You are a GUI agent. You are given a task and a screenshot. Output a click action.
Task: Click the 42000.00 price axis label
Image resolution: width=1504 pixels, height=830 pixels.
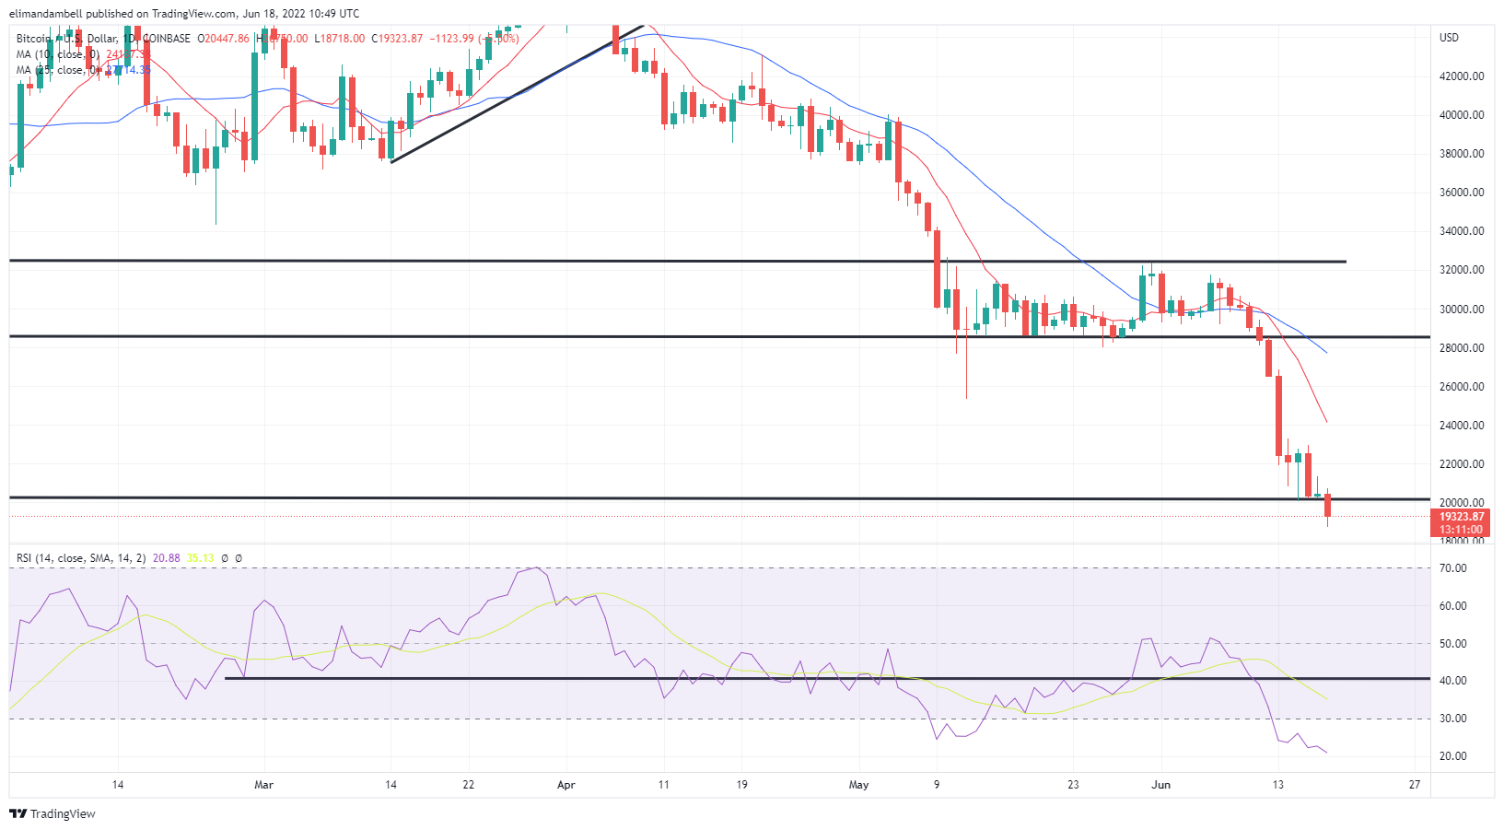tap(1462, 76)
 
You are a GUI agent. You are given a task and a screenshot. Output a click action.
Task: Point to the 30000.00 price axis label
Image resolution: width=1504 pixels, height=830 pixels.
tap(1462, 310)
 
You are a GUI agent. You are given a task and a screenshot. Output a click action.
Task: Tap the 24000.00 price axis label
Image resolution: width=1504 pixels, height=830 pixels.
tap(1462, 426)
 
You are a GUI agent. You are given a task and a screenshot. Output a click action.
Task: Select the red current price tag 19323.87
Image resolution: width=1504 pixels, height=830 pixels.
tap(1462, 517)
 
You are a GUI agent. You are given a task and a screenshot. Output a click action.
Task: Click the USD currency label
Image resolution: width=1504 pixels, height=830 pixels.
tap(1449, 38)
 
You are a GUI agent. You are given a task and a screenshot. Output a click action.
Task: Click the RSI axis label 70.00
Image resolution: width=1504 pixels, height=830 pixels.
tap(1453, 568)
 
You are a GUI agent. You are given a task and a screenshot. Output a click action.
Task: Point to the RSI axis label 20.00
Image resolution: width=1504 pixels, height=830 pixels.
tap(1453, 756)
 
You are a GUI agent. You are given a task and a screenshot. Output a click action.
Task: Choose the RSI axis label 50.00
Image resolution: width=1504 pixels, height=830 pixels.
tap(1453, 644)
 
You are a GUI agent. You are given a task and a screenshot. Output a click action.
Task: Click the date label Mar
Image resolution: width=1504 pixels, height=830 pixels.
tap(263, 785)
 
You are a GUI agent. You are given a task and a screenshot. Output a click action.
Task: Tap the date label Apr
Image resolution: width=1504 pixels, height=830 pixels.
tap(565, 785)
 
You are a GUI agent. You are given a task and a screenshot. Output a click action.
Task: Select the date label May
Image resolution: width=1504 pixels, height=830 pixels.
tap(858, 785)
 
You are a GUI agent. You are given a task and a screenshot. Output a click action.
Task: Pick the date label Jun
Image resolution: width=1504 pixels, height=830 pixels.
tap(1161, 785)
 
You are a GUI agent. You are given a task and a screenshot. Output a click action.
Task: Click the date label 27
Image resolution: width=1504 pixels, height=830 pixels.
tap(1415, 785)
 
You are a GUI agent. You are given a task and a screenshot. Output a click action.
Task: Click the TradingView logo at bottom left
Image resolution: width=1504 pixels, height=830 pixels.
tap(52, 814)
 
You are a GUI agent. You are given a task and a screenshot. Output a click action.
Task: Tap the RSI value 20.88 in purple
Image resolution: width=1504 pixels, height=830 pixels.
tap(166, 558)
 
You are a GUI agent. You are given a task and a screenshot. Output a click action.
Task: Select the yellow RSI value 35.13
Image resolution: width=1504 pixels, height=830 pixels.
tap(200, 558)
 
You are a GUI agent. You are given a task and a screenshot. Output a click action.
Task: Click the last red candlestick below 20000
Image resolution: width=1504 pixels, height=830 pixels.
tap(1327, 506)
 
